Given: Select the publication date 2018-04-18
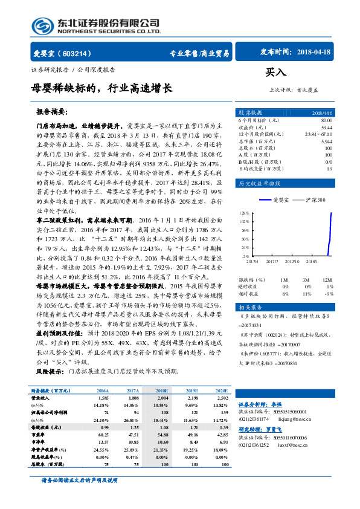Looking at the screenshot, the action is tap(315, 53).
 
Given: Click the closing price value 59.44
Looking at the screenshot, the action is tap(327, 128).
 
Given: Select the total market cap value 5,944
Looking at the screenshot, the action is tap(327, 141).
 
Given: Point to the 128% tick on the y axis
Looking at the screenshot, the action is tap(245, 213).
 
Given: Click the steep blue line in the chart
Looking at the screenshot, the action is tap(331, 230).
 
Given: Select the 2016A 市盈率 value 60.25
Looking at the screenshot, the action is tap(103, 433).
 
